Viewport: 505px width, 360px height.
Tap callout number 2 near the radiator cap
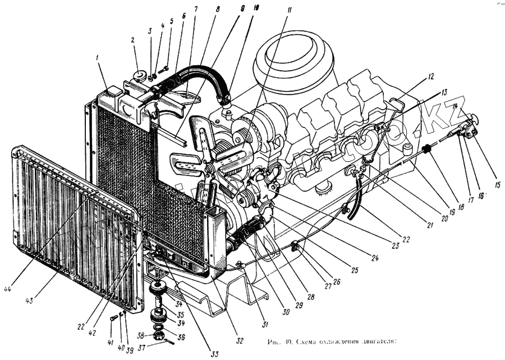tap(132, 40)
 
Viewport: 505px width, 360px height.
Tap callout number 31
tap(264, 324)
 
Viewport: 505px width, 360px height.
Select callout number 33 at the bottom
tap(214, 354)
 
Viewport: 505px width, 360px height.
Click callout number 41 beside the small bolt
tap(111, 342)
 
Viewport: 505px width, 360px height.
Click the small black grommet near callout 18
tap(426, 149)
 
